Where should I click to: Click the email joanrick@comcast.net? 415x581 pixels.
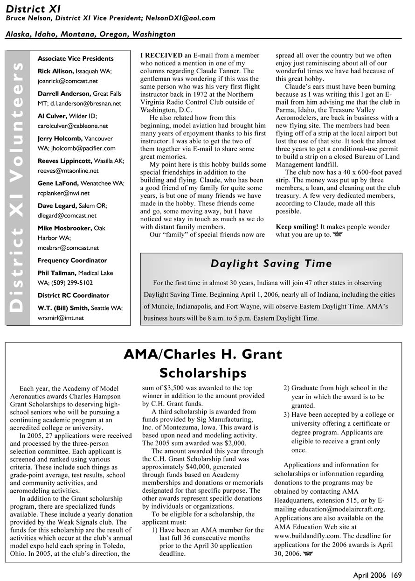click(x=68, y=80)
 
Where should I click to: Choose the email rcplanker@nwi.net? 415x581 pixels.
click(x=63, y=193)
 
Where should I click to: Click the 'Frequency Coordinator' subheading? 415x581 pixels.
click(x=72, y=260)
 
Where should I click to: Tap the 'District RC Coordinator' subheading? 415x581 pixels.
click(x=73, y=295)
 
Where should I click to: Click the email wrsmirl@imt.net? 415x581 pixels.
click(x=61, y=318)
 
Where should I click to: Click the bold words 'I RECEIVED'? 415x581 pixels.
click(x=161, y=56)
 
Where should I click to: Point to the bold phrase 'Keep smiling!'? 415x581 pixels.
click(x=297, y=227)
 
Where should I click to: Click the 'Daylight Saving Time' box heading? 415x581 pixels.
click(x=271, y=264)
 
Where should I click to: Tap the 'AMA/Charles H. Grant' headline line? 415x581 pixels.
click(x=203, y=354)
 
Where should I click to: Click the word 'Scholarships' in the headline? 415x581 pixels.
click(x=203, y=373)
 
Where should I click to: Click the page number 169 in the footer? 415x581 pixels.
click(x=396, y=575)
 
